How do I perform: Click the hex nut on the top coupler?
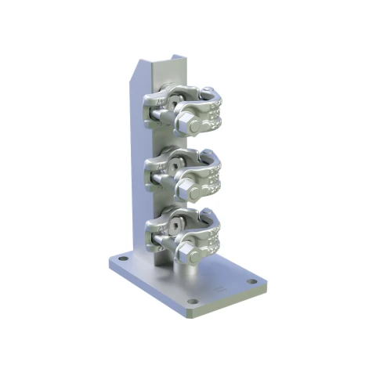(189, 122)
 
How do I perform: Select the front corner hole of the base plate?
(192, 302)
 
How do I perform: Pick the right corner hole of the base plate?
(251, 281)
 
